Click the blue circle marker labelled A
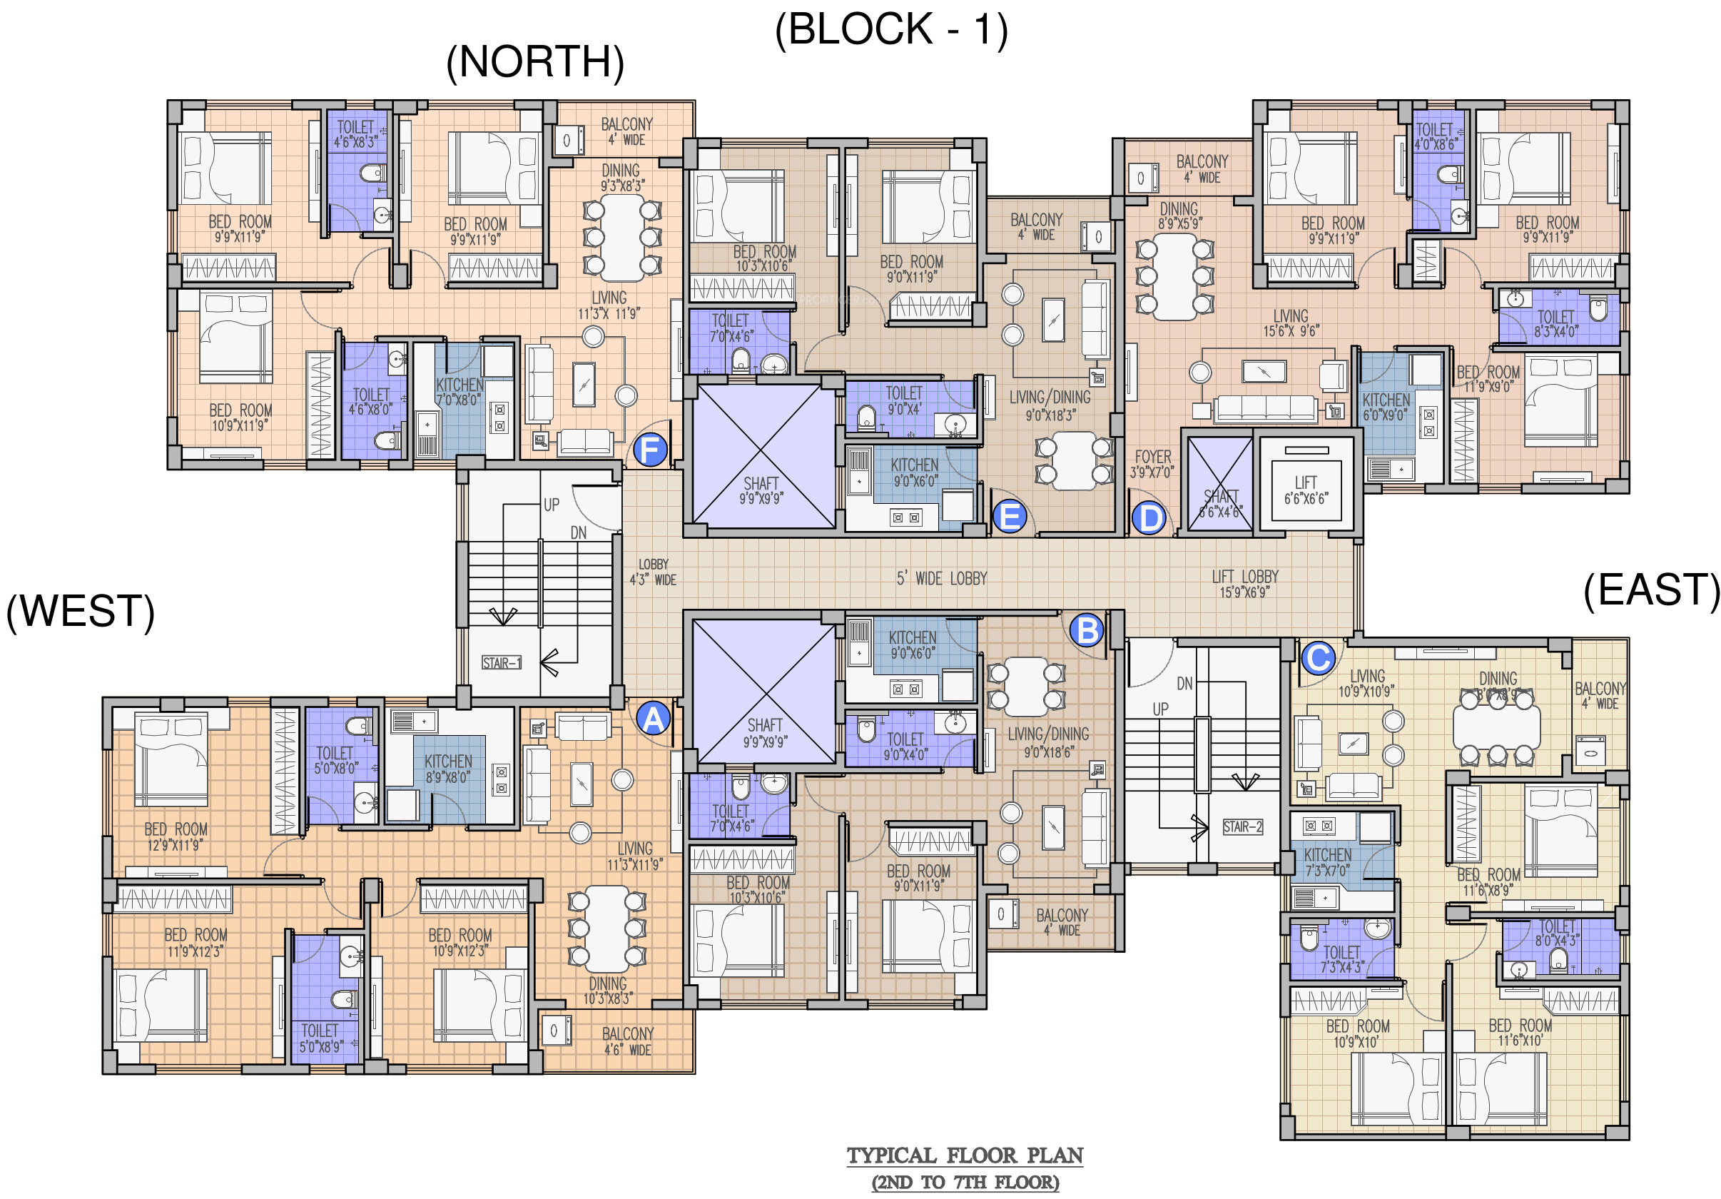click(653, 719)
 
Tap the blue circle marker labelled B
click(1087, 630)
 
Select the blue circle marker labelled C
click(1319, 658)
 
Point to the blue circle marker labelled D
click(1149, 518)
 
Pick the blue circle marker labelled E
click(1010, 517)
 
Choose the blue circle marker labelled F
click(650, 450)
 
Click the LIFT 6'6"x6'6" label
click(1306, 490)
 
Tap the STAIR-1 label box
click(502, 663)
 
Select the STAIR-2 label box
click(1243, 827)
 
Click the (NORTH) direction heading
click(535, 61)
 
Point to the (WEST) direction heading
click(80, 611)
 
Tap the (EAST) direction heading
click(1650, 590)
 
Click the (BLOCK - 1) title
click(891, 30)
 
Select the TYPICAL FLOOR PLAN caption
click(965, 1155)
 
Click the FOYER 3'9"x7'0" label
click(1153, 463)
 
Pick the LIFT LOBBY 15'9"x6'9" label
click(1245, 583)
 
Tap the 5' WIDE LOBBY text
click(941, 578)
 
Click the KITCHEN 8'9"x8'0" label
click(448, 769)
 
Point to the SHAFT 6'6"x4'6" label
click(1220, 503)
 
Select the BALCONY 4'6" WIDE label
click(628, 1041)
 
